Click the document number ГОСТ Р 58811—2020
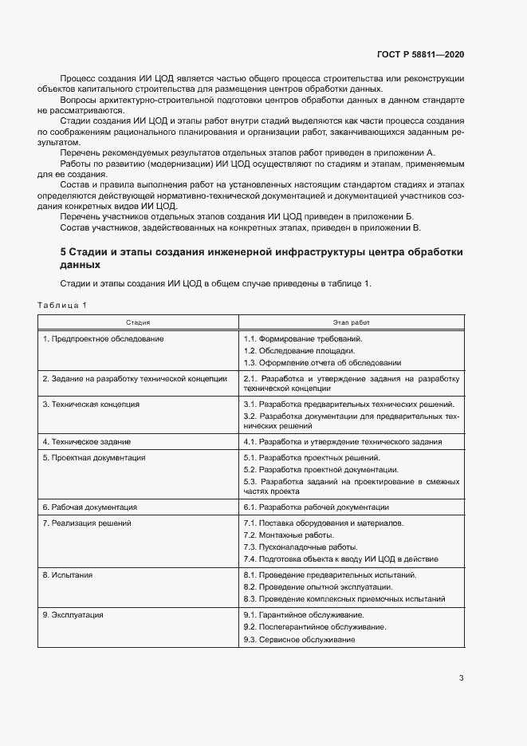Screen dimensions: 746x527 pos(420,55)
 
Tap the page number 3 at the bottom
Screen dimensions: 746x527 pos(461,679)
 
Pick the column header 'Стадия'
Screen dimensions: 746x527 pos(137,322)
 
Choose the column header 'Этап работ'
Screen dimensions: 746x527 pos(351,322)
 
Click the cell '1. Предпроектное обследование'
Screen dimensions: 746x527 pos(103,339)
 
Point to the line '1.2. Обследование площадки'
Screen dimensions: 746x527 pos(300,351)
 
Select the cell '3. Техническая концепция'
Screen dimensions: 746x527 pos(91,405)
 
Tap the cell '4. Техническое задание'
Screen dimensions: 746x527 pos(86,441)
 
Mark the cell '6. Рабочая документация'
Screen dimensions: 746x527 pos(89,507)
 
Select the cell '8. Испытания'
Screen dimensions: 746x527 pos(68,574)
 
